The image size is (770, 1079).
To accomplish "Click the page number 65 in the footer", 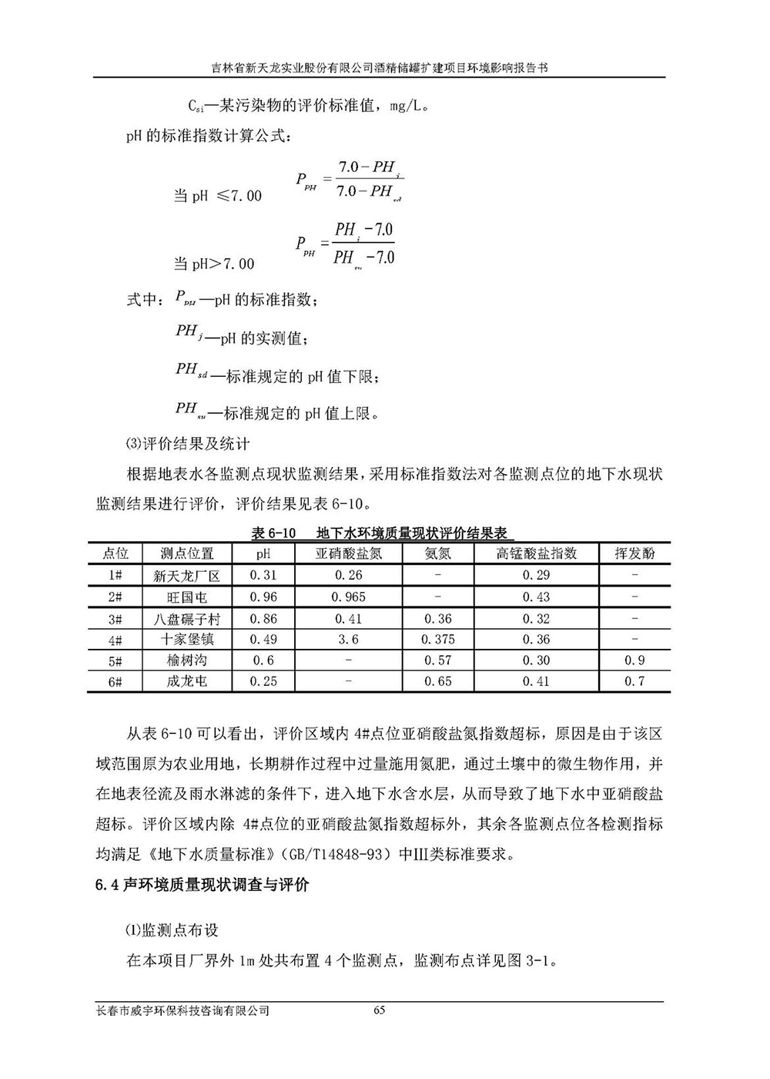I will click(378, 1011).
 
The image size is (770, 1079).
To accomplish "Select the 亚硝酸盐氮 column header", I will click(348, 553).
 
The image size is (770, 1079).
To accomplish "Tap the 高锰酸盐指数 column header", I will click(536, 553).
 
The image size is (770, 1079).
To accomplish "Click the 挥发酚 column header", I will click(634, 553).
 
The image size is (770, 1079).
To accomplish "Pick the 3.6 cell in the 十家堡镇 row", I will click(348, 639).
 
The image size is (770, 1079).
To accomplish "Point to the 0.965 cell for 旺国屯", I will click(348, 597).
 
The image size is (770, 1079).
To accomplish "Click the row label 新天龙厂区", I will click(187, 575).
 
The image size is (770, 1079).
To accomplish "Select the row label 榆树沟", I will click(187, 661).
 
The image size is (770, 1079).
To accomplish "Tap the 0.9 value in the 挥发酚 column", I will click(634, 661).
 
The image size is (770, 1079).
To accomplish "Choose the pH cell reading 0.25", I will click(263, 681).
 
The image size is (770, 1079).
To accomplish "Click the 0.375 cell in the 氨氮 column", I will click(437, 639).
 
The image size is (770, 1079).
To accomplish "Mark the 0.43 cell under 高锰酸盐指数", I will click(536, 597).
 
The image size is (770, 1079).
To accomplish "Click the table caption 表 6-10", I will click(273, 533).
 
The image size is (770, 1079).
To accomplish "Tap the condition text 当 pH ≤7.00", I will click(217, 196).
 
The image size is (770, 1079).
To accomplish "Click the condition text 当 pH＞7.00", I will click(213, 264).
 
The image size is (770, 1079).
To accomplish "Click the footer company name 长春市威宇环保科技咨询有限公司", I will click(182, 1011).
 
